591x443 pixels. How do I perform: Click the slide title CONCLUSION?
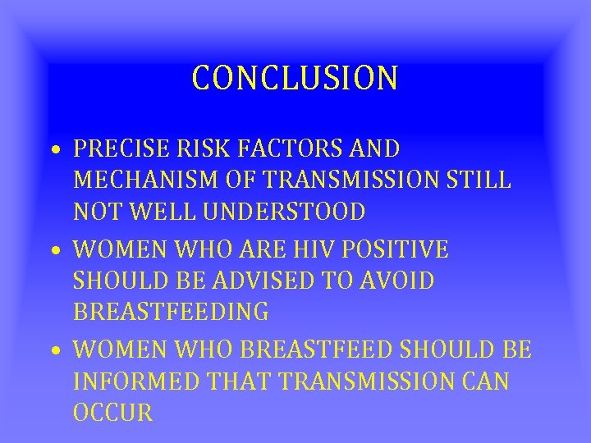tap(295, 78)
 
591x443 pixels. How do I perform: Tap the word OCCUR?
tap(113, 413)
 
